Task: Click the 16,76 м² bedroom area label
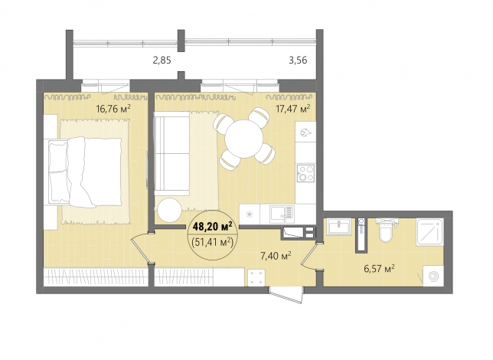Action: click(113, 109)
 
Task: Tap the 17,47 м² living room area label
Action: click(293, 109)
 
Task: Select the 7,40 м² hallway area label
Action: click(275, 256)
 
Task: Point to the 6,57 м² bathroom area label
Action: click(379, 269)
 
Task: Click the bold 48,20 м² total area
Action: click(213, 226)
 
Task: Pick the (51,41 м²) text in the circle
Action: click(213, 242)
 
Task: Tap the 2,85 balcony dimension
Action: click(162, 60)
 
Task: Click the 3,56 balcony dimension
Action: click(298, 60)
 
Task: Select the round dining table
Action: click(243, 138)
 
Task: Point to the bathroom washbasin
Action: click(338, 227)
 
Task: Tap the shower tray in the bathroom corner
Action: click(429, 232)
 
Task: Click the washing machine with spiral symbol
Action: click(433, 276)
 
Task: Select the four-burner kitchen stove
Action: click(305, 173)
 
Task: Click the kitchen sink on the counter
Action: click(282, 214)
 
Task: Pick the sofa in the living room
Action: click(171, 153)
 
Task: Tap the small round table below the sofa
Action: click(169, 210)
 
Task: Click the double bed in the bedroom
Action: click(85, 172)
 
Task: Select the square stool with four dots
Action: click(256, 278)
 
